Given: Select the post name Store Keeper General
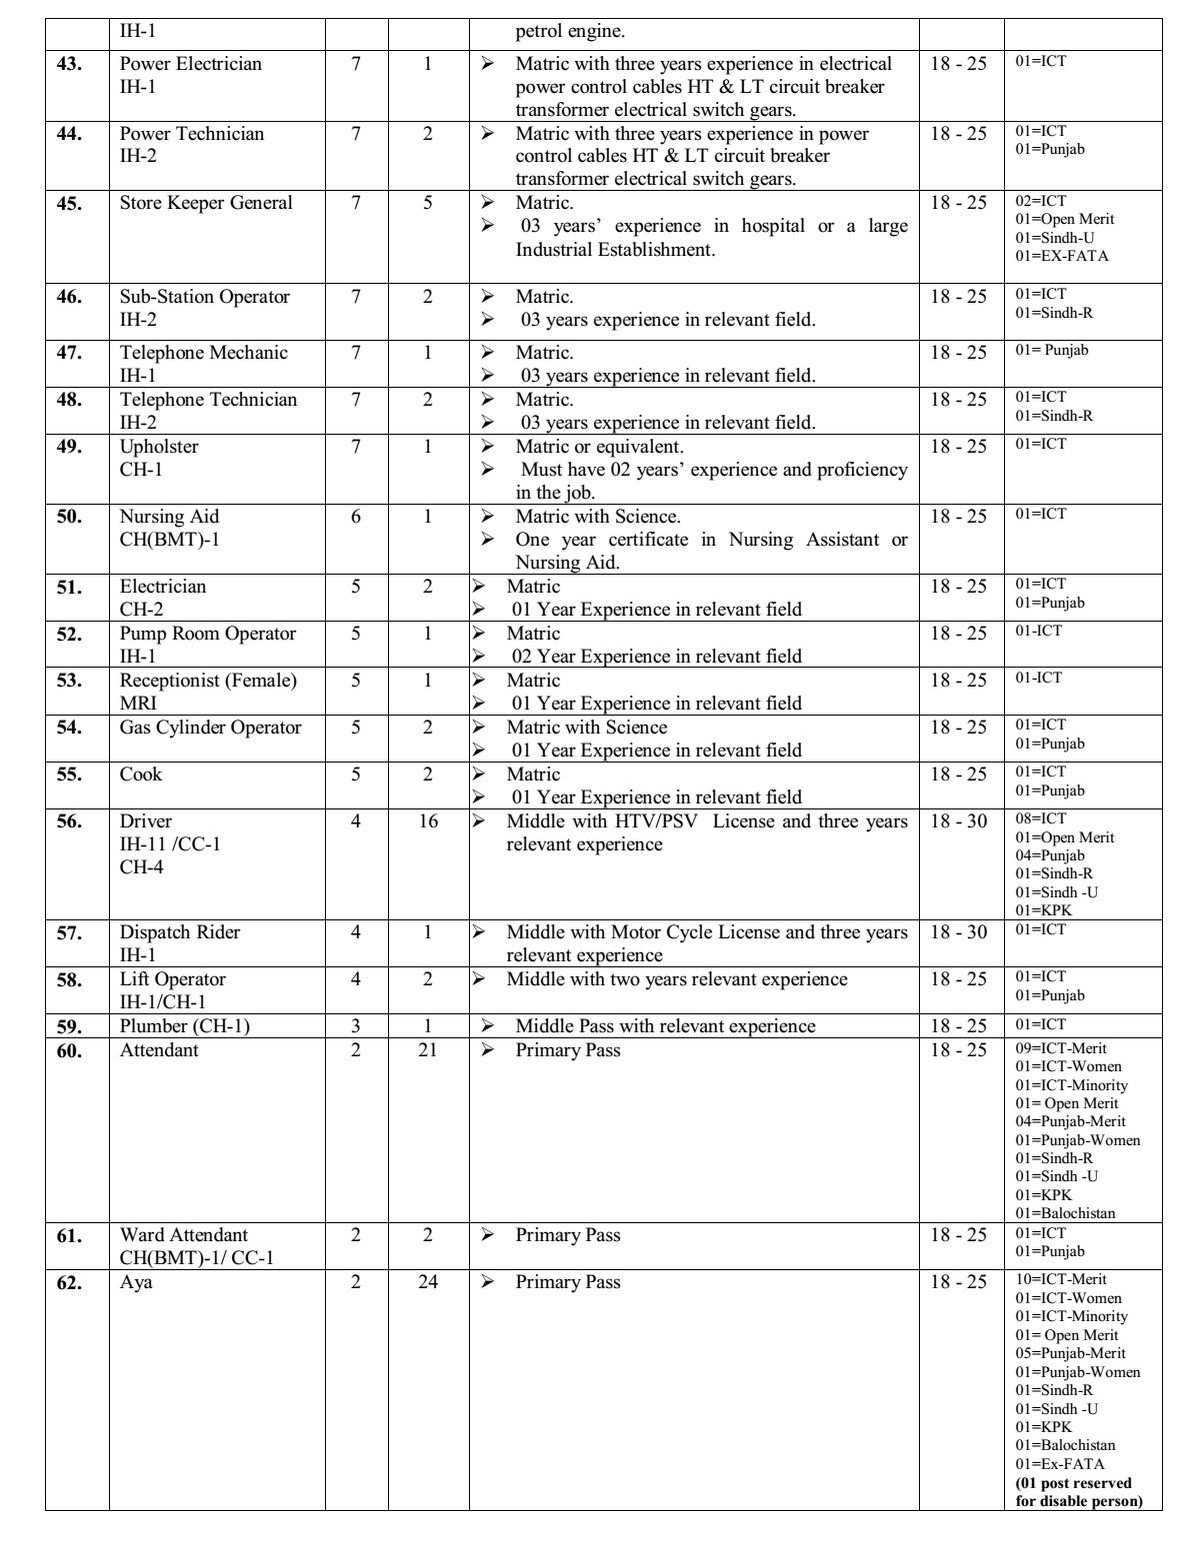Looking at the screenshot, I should coord(206,203).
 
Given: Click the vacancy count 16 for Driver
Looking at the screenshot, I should coord(428,821).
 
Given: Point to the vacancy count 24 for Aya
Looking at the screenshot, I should coord(428,1282).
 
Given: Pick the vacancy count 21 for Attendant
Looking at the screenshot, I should coord(428,1050).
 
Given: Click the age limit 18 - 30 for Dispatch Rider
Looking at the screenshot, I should coord(958,932).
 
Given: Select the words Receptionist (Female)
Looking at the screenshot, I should coord(208,681).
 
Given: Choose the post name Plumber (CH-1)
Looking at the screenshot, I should coord(185,1026).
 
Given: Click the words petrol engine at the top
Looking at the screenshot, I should coord(570,31).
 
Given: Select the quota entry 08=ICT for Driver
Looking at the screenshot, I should coord(1040,818).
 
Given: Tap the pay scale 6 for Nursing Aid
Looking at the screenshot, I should coord(356,517).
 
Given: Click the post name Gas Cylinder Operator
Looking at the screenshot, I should coord(210,728).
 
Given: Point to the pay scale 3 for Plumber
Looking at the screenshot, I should coord(356,1026).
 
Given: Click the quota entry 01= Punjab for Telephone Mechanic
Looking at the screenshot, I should coord(1052,350).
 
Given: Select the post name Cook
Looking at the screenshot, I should coord(140,774).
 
